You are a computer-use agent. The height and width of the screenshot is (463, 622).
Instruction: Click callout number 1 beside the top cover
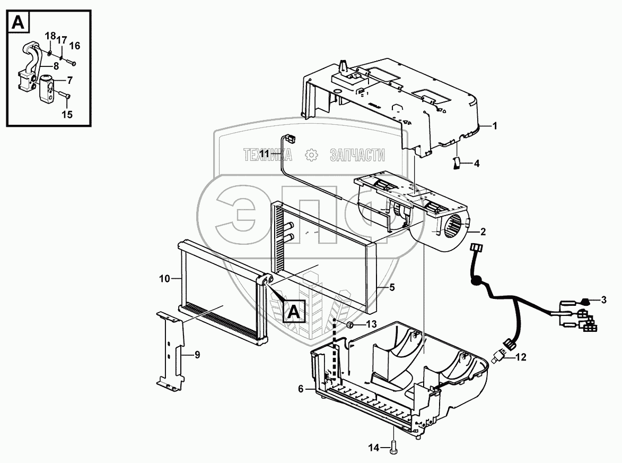[x=494, y=126]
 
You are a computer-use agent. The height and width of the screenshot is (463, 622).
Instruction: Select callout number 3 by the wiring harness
[x=603, y=300]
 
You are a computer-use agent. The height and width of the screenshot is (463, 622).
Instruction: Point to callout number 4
[x=476, y=164]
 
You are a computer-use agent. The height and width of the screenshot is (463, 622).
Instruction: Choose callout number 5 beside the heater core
[x=392, y=287]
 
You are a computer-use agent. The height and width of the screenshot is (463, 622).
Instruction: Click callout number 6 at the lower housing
[x=301, y=389]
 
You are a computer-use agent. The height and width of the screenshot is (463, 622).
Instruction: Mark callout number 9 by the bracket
[x=197, y=356]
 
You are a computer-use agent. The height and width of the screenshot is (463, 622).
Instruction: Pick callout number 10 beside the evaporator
[x=164, y=278]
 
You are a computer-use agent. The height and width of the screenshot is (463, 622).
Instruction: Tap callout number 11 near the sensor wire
[x=265, y=153]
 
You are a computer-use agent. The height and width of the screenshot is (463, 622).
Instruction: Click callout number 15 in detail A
[x=67, y=114]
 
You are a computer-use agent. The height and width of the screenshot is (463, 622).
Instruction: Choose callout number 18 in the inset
[x=49, y=36]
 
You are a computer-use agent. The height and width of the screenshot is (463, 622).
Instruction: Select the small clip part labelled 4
[x=454, y=162]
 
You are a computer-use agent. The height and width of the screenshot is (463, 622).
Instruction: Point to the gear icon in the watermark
[x=311, y=155]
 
